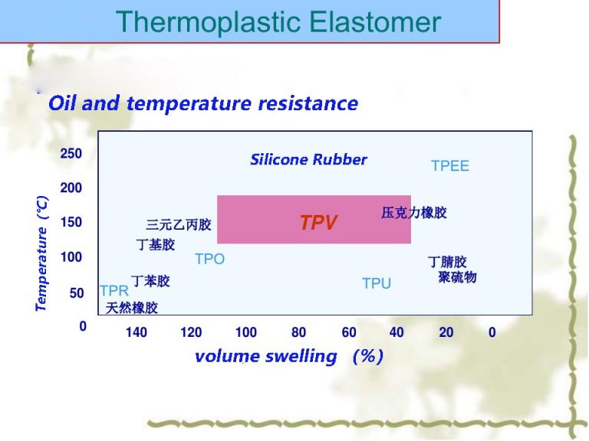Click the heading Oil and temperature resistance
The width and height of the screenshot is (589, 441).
[203, 103]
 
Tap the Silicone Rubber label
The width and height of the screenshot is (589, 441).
[308, 160]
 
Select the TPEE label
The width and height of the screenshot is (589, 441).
[449, 166]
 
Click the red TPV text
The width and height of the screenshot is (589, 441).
[318, 223]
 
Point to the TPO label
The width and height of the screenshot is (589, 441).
[209, 260]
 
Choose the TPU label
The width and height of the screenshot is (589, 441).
[376, 284]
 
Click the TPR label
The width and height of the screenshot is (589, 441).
[114, 291]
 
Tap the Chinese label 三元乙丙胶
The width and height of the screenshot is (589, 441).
[178, 225]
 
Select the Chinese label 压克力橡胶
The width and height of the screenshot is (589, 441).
[413, 213]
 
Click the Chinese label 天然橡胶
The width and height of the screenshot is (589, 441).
[131, 308]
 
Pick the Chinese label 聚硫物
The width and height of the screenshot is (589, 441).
[457, 277]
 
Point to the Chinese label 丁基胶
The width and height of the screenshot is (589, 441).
[156, 245]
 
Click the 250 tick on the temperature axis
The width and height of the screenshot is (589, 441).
[71, 153]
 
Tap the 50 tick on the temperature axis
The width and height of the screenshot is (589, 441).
[77, 292]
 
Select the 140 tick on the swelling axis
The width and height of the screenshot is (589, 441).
[137, 332]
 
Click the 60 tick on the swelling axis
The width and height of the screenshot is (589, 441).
[349, 332]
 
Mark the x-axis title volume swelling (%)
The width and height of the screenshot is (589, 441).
[288, 357]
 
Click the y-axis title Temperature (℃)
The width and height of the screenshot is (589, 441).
[41, 253]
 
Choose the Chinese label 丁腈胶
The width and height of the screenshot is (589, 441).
[447, 263]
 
